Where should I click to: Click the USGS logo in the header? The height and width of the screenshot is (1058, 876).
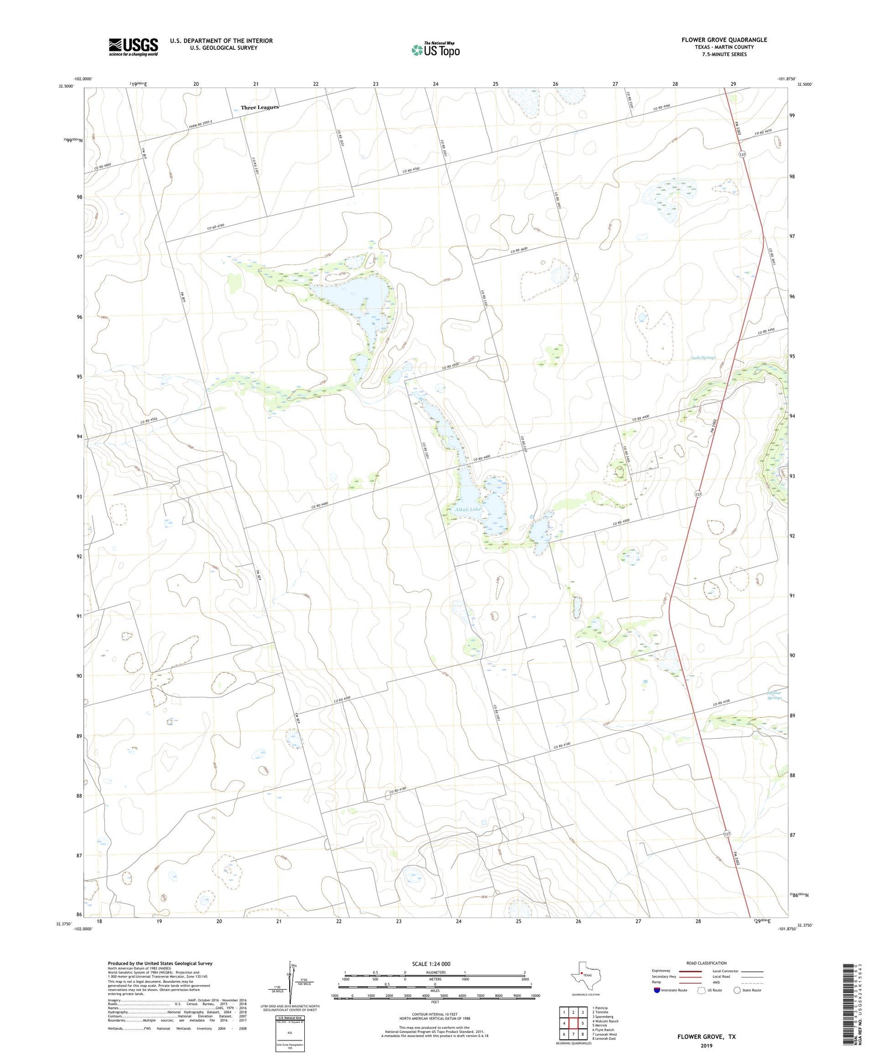coord(133,47)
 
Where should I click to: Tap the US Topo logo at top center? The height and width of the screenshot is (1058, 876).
coord(436,50)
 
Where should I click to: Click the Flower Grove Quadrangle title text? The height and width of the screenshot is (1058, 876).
coord(724,40)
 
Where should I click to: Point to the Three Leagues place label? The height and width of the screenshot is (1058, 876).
coord(260,107)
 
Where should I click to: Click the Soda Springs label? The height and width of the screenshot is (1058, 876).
coord(703,357)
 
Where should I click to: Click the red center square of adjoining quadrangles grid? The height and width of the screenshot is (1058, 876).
coord(573,1023)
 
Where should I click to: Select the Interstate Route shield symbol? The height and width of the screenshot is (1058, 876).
coord(657,990)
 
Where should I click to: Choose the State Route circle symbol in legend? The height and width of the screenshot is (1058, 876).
coord(737,990)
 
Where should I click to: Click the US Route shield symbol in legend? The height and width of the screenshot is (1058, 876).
coord(701,990)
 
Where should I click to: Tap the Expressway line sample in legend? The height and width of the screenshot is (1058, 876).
coord(690,971)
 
